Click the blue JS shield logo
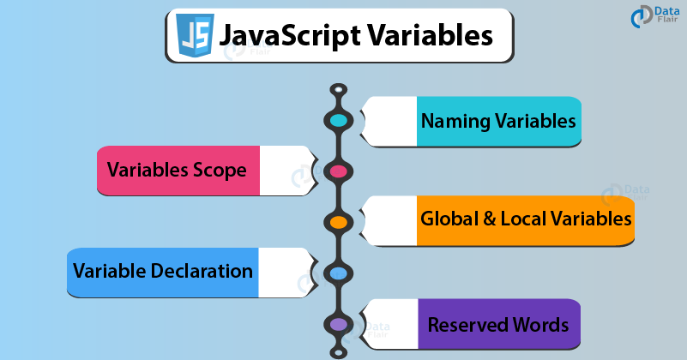click(x=195, y=35)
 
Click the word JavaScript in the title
click(x=290, y=36)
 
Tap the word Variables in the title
click(x=430, y=34)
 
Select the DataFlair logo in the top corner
click(x=654, y=17)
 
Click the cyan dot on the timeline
click(x=338, y=121)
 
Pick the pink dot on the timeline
click(x=338, y=171)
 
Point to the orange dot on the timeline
click(x=338, y=222)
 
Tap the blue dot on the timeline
click(x=338, y=273)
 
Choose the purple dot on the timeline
click(x=338, y=325)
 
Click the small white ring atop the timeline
click(x=338, y=90)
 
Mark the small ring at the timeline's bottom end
click(x=338, y=351)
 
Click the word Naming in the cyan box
click(x=455, y=122)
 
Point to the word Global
click(x=449, y=219)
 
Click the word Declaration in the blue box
click(x=202, y=271)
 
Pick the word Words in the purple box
click(x=540, y=325)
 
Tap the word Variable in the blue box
click(x=110, y=271)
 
